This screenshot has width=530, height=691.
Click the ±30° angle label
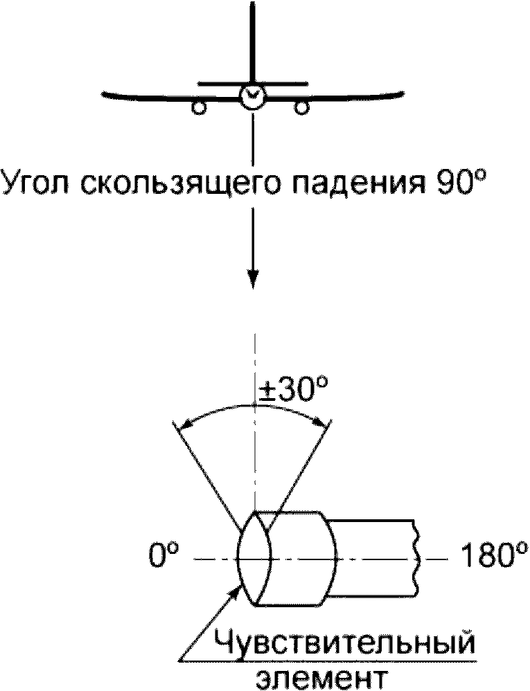pyautogui.click(x=291, y=393)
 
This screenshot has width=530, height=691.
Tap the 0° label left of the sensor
pyautogui.click(x=164, y=557)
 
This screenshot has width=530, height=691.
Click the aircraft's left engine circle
pyautogui.click(x=198, y=107)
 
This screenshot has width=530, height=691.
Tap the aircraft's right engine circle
pyautogui.click(x=301, y=107)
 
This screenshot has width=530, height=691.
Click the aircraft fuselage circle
pyautogui.click(x=251, y=96)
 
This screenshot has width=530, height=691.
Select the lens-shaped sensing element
pyautogui.click(x=254, y=557)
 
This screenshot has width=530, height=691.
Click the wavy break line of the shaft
pyautogui.click(x=417, y=557)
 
